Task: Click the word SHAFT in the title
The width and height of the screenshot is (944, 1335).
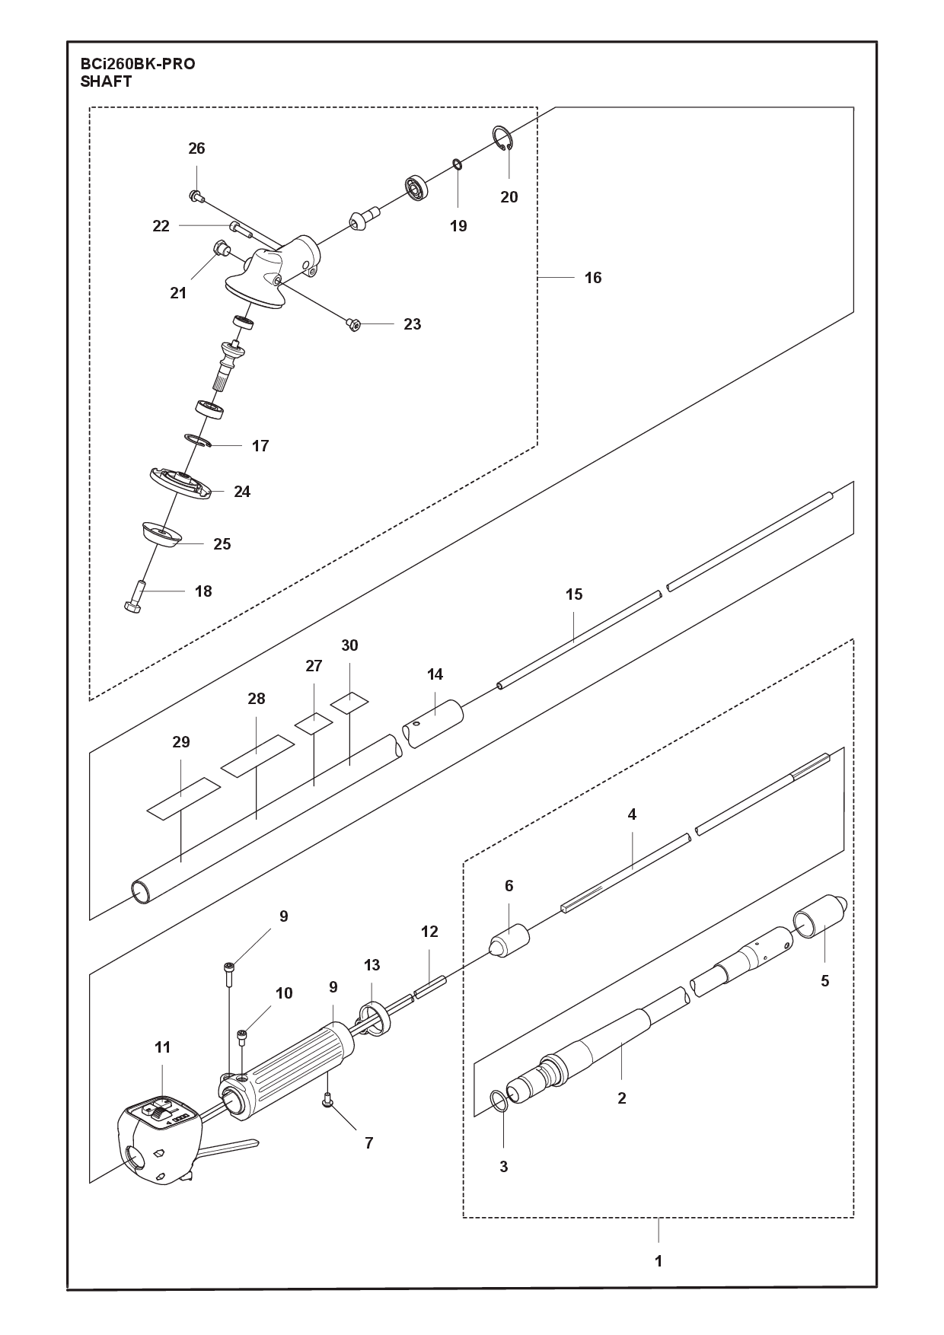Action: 106,82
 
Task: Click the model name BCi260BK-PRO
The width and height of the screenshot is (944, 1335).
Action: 138,64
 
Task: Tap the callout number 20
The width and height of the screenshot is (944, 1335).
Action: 509,197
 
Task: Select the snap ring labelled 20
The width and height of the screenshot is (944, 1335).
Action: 499,139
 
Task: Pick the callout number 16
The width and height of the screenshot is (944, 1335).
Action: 593,278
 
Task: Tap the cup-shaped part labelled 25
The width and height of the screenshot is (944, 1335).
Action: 161,534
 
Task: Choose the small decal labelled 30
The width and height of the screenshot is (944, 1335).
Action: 349,702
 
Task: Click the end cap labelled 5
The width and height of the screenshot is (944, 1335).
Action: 821,919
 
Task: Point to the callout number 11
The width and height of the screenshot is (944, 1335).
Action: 162,1047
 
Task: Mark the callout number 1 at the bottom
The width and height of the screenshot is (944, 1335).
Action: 659,1261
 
